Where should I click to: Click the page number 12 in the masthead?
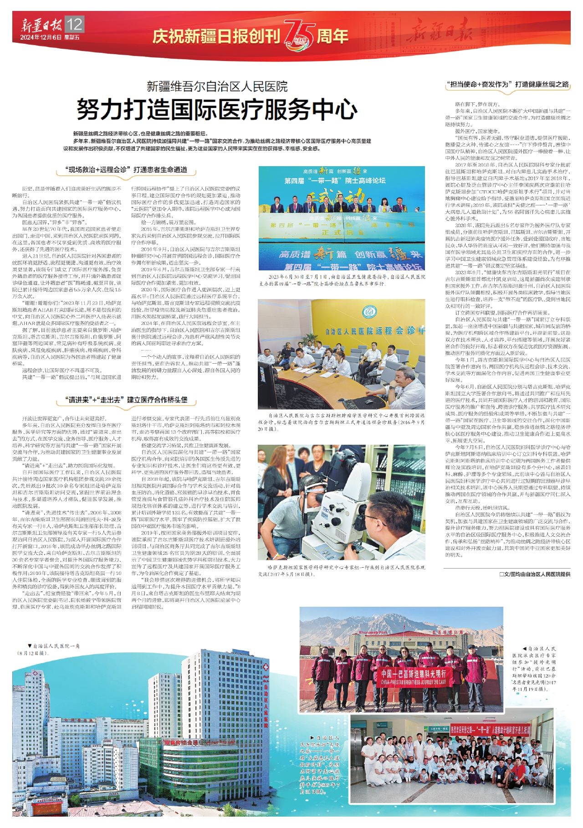point(75,24)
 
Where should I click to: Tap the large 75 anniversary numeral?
point(298,35)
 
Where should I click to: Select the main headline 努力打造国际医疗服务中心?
point(217,109)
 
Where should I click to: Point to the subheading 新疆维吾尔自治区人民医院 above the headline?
point(217,86)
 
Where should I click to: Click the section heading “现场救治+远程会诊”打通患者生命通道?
point(126,170)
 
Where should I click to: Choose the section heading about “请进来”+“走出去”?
point(127,400)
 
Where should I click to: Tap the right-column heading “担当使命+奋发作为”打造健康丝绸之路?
point(507,84)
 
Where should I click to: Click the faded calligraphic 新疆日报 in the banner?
point(439,33)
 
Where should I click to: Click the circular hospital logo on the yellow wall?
point(369,312)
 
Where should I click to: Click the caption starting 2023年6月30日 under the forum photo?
point(342,280)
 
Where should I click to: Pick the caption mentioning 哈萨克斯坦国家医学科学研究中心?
point(342,571)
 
